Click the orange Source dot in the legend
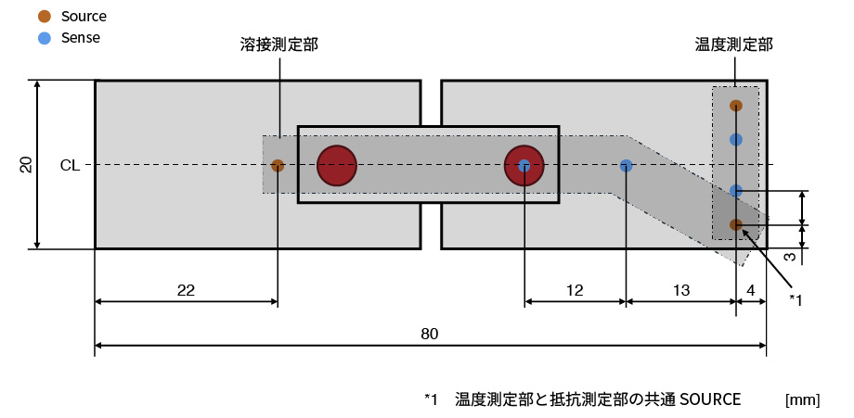44,17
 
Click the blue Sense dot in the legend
44,39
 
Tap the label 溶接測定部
278,44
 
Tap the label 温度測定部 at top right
734,44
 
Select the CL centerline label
70,166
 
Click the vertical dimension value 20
27,165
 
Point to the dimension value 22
186,290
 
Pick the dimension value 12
574,290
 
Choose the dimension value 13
680,290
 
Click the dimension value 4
750,290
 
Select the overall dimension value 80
429,335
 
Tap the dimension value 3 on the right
788,255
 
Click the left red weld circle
337,166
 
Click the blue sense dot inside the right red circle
524,166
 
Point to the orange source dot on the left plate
278,166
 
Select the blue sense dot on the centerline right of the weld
627,166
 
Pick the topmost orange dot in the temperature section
736,106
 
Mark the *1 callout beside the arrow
795,298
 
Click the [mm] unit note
802,400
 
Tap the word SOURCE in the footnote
710,399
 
